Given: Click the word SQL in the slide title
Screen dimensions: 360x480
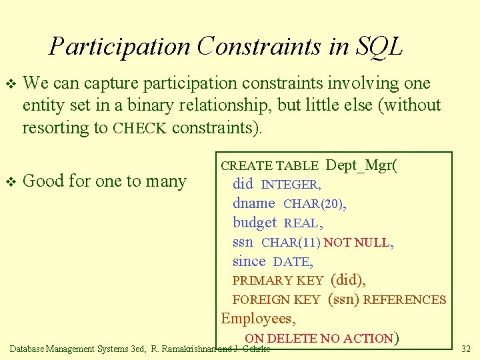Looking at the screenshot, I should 379,46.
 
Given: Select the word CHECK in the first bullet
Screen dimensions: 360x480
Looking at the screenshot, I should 139,128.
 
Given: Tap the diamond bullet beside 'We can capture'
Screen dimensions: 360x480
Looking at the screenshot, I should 9,84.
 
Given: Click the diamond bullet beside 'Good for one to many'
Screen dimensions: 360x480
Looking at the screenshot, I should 9,181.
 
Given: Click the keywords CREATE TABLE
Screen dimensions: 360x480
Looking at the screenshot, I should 271,166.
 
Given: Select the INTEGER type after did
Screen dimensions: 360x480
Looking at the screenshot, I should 291,185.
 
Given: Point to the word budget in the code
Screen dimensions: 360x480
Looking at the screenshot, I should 254,223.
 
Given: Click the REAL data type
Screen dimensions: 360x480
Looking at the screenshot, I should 302,223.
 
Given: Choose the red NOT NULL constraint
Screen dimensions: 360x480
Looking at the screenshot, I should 357,243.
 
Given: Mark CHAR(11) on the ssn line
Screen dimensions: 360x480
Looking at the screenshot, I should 291,243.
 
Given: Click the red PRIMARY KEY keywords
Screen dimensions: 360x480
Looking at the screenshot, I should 277,281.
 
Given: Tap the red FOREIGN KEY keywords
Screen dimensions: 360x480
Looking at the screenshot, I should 276,300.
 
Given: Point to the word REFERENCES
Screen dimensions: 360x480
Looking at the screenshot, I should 405,300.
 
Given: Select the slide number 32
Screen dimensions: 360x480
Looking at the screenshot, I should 465,348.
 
